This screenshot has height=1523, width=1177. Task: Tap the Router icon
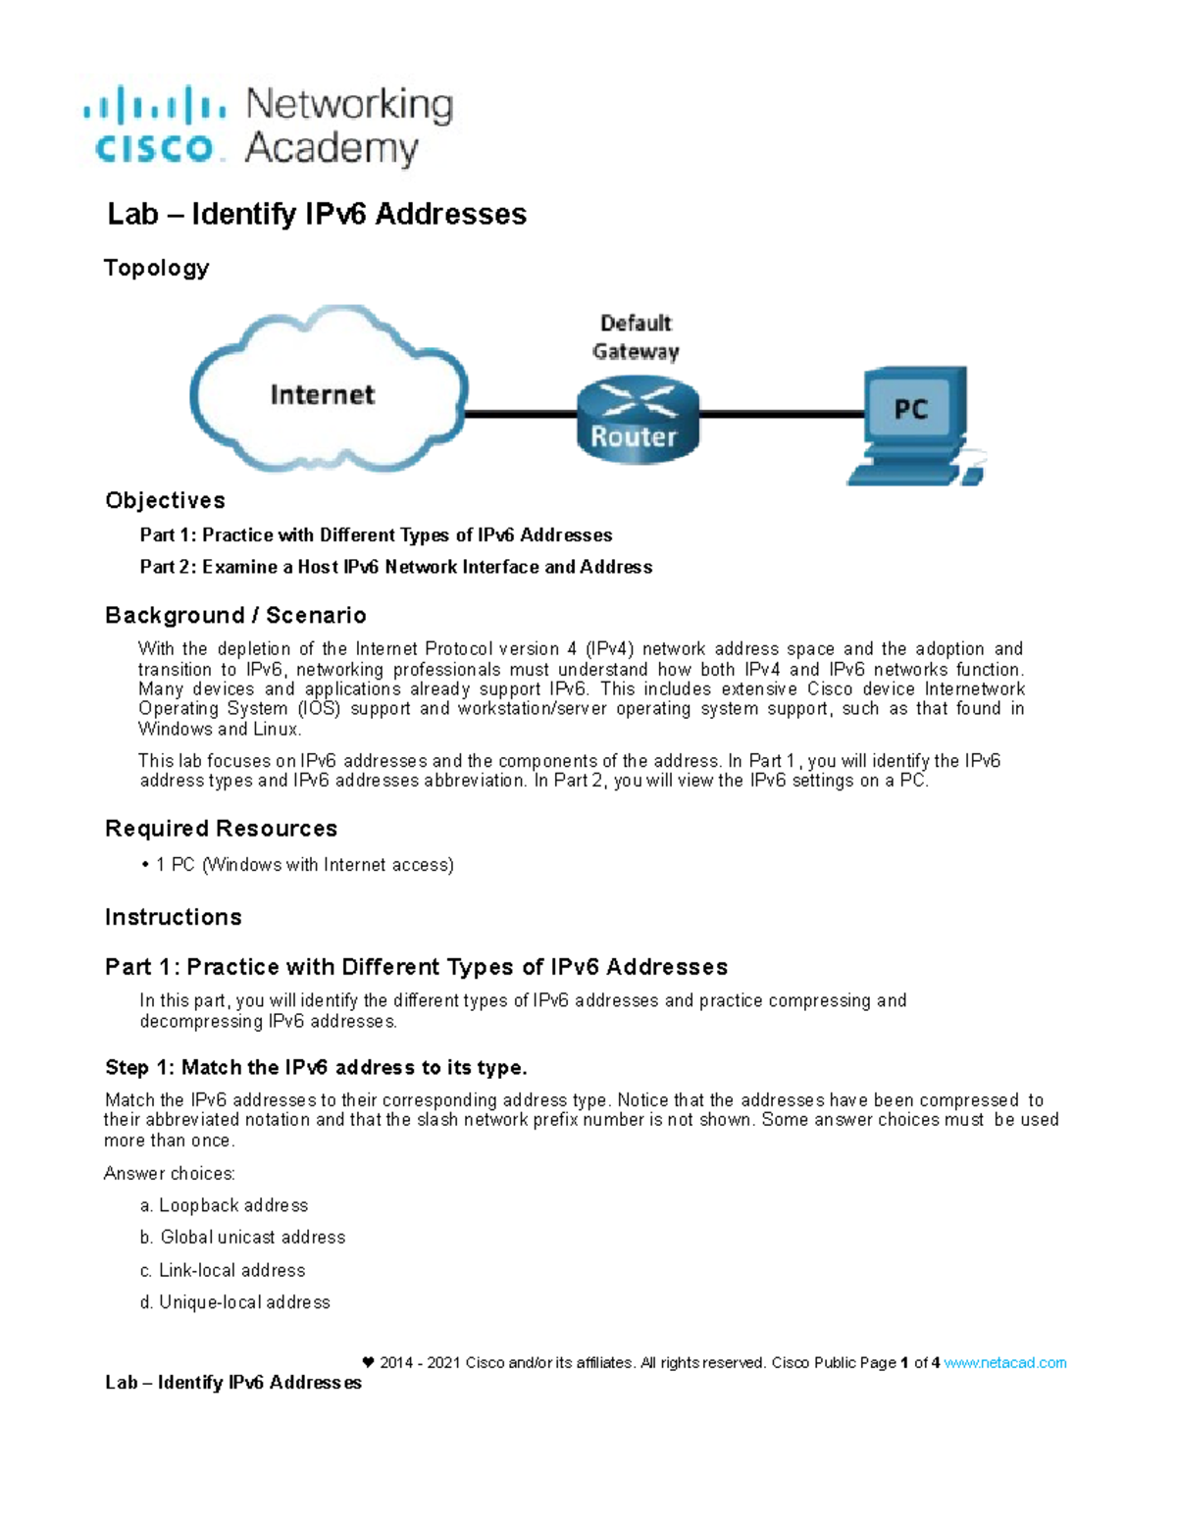click(638, 422)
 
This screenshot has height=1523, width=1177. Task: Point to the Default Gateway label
click(636, 337)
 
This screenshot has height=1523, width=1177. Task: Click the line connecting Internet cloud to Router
click(520, 414)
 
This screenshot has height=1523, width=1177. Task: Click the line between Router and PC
click(781, 414)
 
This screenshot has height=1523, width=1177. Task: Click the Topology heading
click(157, 268)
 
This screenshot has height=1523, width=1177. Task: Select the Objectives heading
click(165, 500)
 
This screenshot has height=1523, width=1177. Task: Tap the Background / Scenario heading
click(235, 615)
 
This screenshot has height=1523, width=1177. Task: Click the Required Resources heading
click(221, 829)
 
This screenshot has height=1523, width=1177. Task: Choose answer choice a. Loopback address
click(225, 1205)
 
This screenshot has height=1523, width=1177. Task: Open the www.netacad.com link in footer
click(1004, 1363)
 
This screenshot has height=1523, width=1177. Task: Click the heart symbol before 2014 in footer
click(368, 1362)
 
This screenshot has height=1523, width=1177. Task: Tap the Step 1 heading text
click(316, 1067)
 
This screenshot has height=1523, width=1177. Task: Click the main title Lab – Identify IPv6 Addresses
click(317, 214)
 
